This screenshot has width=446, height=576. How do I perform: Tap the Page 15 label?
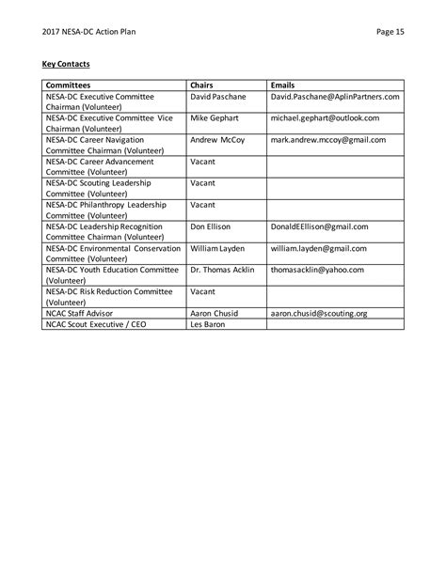(x=390, y=31)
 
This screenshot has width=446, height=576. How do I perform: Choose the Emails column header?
(x=283, y=85)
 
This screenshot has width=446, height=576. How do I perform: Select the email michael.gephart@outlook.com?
(x=325, y=118)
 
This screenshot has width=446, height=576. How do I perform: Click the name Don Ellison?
(x=212, y=226)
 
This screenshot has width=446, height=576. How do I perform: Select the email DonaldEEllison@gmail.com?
(x=319, y=226)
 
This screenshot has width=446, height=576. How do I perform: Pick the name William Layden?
(x=218, y=248)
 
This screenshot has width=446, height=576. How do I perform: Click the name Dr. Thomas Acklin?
(x=222, y=270)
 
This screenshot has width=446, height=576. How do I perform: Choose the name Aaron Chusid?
(x=215, y=313)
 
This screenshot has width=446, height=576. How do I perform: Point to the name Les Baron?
(x=209, y=324)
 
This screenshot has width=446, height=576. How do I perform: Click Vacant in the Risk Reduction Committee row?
(x=203, y=291)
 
